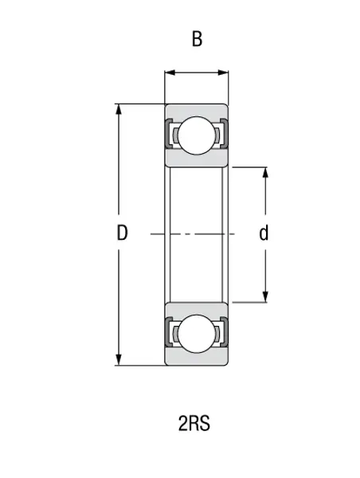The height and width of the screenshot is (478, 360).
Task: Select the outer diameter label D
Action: coord(122,233)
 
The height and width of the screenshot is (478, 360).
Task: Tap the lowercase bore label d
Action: coord(264,233)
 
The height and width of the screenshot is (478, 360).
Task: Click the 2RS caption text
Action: coord(194,423)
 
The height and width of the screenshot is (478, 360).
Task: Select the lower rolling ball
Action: coord(196,333)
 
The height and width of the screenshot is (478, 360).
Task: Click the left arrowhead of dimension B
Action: coord(169,74)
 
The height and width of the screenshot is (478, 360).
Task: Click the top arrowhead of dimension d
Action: coord(264,172)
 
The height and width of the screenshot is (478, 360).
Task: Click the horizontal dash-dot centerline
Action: coord(196,234)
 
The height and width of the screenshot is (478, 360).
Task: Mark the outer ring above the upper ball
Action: coord(196,111)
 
